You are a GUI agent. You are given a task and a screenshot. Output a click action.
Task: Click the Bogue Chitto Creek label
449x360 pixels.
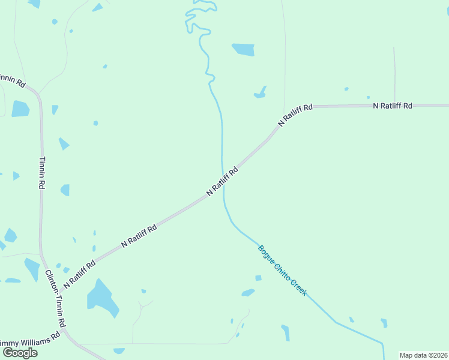pyautogui.click(x=283, y=270)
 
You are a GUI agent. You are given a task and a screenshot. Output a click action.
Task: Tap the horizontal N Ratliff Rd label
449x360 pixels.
pyautogui.click(x=393, y=106)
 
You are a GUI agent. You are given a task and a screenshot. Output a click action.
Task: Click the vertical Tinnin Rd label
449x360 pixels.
pyautogui.click(x=42, y=173)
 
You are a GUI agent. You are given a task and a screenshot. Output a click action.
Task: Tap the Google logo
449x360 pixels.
pyautogui.click(x=20, y=353)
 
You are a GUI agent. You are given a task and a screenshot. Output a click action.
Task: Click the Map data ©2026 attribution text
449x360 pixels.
pyautogui.click(x=424, y=355)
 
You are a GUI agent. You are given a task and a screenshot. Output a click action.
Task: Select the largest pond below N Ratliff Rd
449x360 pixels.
pyautogui.click(x=101, y=298)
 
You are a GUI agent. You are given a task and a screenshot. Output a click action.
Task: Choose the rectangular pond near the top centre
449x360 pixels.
pyautogui.click(x=244, y=50)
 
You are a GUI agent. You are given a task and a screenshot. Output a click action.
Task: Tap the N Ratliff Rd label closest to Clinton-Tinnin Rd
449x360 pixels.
pyautogui.click(x=79, y=272)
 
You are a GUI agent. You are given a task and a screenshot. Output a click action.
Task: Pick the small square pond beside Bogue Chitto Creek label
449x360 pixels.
pyautogui.click(x=258, y=278)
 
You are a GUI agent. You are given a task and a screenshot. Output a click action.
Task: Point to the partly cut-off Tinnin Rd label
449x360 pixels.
pyautogui.click(x=12, y=80)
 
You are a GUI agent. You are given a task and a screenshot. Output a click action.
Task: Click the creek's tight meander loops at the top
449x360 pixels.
pyautogui.click(x=198, y=18)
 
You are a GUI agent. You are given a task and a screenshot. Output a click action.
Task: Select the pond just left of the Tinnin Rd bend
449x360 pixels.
pyautogui.click(x=20, y=109)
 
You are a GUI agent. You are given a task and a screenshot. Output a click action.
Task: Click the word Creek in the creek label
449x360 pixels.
pyautogui.click(x=298, y=286)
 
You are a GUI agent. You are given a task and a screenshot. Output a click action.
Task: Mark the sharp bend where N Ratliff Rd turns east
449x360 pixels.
pyautogui.click(x=300, y=108)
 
